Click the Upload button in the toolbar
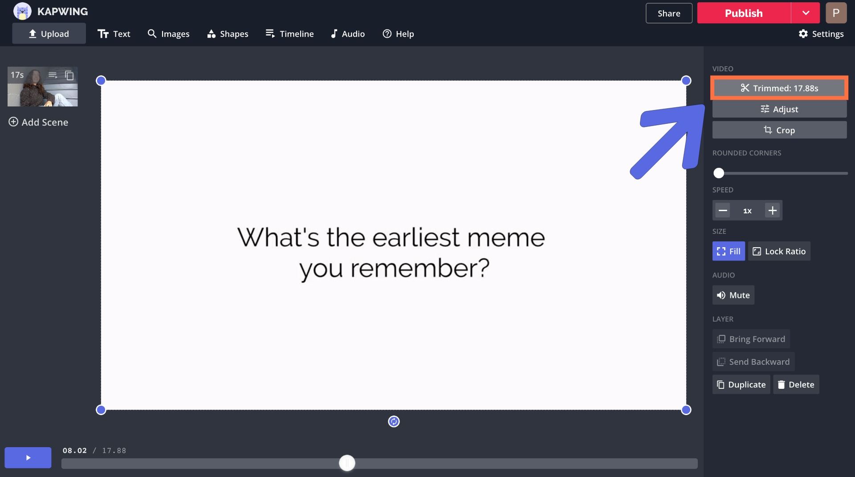pos(49,34)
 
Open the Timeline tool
pos(289,34)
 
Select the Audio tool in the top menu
pos(348,34)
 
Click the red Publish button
pos(744,13)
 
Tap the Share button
pos(669,13)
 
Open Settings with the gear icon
pos(821,34)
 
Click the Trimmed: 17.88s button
pos(779,88)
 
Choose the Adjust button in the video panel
pos(779,109)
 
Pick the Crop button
pos(779,130)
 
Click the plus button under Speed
pos(773,210)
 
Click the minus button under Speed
pos(723,210)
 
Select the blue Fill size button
pos(729,251)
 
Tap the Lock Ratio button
pos(779,251)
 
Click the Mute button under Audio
pos(733,295)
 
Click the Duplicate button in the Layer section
pos(741,384)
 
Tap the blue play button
pos(28,457)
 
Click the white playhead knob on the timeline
pos(347,463)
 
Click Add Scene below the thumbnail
pos(38,122)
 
